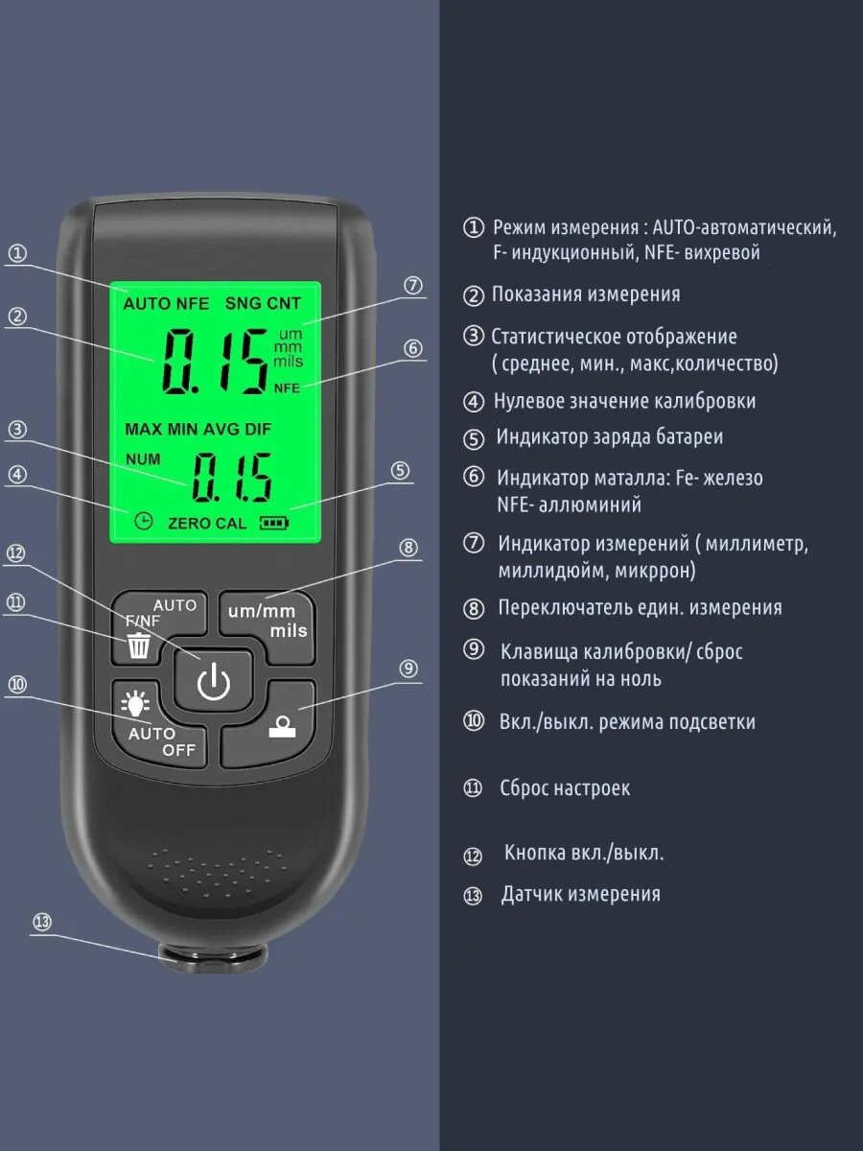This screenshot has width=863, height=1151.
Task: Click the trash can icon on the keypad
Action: pyautogui.click(x=139, y=646)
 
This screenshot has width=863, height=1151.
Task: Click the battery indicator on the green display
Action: pyautogui.click(x=273, y=523)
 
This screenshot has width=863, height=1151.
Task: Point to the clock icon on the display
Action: pyautogui.click(x=143, y=521)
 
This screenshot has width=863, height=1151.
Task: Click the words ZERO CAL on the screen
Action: pyautogui.click(x=206, y=523)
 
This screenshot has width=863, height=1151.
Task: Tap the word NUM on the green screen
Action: pyautogui.click(x=143, y=458)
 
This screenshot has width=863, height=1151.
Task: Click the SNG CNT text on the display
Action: pyautogui.click(x=263, y=303)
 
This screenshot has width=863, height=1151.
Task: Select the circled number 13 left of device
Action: pyautogui.click(x=40, y=922)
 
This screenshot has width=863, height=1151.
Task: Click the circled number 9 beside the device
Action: pyautogui.click(x=408, y=669)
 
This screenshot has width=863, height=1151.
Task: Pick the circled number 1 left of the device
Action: pyautogui.click(x=17, y=254)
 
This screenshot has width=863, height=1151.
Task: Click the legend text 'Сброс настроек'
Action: pyautogui.click(x=565, y=788)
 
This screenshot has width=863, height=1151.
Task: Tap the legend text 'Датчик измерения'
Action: pyautogui.click(x=580, y=894)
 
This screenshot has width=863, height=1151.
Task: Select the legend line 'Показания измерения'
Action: pyautogui.click(x=586, y=294)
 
